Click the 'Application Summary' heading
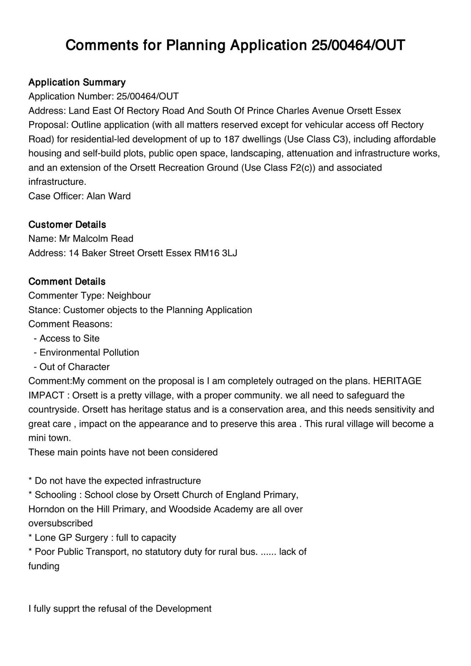77,82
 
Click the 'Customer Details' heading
67,224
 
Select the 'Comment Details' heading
67,281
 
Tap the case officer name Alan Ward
108,196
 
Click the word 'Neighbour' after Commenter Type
129,296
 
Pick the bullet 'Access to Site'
70,338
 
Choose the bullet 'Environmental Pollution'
89,353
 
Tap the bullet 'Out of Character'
75,367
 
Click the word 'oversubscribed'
60,523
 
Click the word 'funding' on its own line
44,566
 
